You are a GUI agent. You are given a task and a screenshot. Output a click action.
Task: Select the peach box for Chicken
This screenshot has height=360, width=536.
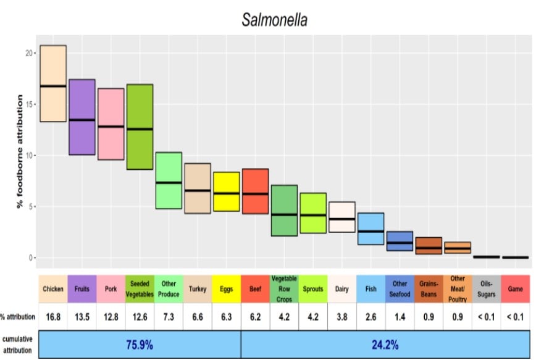(53, 83)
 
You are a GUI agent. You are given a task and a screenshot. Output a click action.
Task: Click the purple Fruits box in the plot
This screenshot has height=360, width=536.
(82, 117)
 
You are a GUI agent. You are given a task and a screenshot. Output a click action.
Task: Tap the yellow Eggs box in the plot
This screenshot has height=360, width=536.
(227, 191)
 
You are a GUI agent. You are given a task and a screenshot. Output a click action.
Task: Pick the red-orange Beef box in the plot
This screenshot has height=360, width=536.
(255, 191)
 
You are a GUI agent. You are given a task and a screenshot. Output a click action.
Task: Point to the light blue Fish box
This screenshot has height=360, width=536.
(371, 228)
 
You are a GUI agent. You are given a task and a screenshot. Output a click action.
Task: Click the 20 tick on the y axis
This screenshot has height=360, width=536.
(28, 53)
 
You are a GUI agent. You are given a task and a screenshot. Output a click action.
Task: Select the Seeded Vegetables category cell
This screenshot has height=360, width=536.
(140, 289)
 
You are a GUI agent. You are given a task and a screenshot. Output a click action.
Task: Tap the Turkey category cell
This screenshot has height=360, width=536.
(198, 289)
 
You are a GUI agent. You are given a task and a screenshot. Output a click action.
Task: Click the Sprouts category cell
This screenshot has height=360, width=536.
(312, 289)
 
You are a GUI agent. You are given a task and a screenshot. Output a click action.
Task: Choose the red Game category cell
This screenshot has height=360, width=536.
(515, 289)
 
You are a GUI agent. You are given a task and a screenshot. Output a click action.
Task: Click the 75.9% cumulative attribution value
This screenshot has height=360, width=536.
(140, 345)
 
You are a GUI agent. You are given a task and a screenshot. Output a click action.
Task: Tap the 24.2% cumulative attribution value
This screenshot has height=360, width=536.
(385, 345)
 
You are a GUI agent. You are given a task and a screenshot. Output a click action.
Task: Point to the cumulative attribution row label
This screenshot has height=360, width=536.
(19, 345)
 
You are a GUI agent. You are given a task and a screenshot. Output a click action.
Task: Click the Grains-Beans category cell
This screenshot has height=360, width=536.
(429, 289)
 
